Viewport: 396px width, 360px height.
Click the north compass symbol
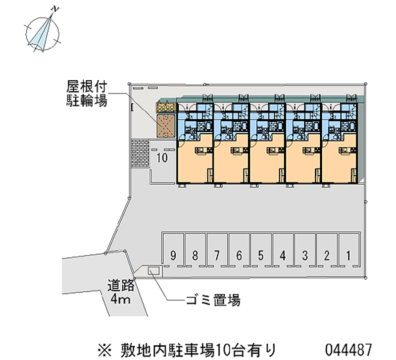pos(43,32)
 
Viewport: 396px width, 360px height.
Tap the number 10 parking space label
pos(161,158)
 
